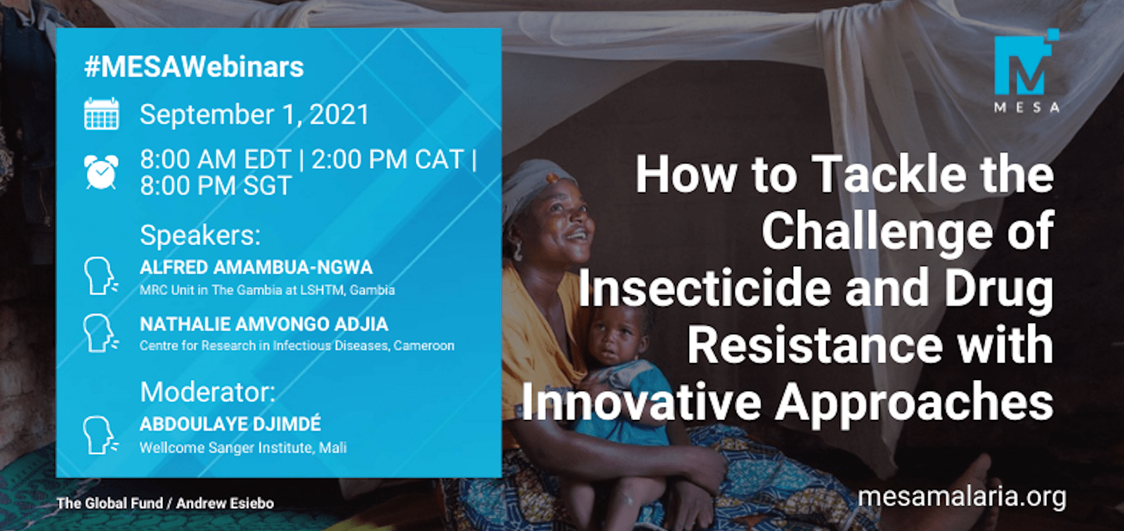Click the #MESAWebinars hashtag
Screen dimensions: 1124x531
(194, 67)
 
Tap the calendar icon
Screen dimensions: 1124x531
(102, 114)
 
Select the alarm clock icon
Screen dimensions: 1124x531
(101, 172)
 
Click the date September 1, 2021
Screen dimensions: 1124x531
(254, 114)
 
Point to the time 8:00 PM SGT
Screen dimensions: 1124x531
(216, 185)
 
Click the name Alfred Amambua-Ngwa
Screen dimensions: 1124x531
(256, 268)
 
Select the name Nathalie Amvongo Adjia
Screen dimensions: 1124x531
(264, 324)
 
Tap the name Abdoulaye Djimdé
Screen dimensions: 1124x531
(230, 424)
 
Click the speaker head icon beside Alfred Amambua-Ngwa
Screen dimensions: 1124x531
(101, 275)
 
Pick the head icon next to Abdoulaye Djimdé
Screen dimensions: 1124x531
(101, 435)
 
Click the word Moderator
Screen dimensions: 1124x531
(208, 392)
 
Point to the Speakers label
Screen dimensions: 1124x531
(200, 235)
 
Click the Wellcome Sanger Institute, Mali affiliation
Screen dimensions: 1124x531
(243, 447)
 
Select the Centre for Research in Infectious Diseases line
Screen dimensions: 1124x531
(297, 346)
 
